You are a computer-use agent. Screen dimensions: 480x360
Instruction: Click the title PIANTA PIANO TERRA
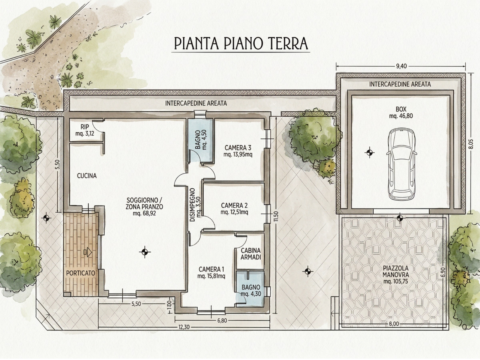click(241, 43)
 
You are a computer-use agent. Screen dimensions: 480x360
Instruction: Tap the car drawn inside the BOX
click(402, 164)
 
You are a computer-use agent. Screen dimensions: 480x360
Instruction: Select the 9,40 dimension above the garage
click(401, 66)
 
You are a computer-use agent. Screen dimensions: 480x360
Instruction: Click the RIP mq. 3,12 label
click(85, 130)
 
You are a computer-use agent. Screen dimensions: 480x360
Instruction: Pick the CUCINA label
click(87, 176)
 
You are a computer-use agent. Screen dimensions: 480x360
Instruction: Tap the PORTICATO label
click(81, 273)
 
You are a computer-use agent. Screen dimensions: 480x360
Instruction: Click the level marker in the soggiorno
click(144, 252)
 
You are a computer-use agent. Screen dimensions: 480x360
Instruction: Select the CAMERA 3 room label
click(238, 151)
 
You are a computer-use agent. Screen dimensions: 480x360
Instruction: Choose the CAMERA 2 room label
click(234, 209)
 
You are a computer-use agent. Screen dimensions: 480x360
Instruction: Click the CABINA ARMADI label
click(251, 254)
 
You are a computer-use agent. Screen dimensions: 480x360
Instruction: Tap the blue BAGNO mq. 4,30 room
click(250, 286)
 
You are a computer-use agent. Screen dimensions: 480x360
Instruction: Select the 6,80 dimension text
click(222, 321)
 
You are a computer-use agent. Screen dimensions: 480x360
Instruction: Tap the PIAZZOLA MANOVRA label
click(396, 275)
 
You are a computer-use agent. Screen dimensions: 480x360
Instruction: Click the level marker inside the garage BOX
click(370, 153)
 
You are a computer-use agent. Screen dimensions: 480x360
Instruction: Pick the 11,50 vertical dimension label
click(276, 216)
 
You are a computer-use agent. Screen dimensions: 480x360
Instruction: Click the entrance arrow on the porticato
click(88, 252)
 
